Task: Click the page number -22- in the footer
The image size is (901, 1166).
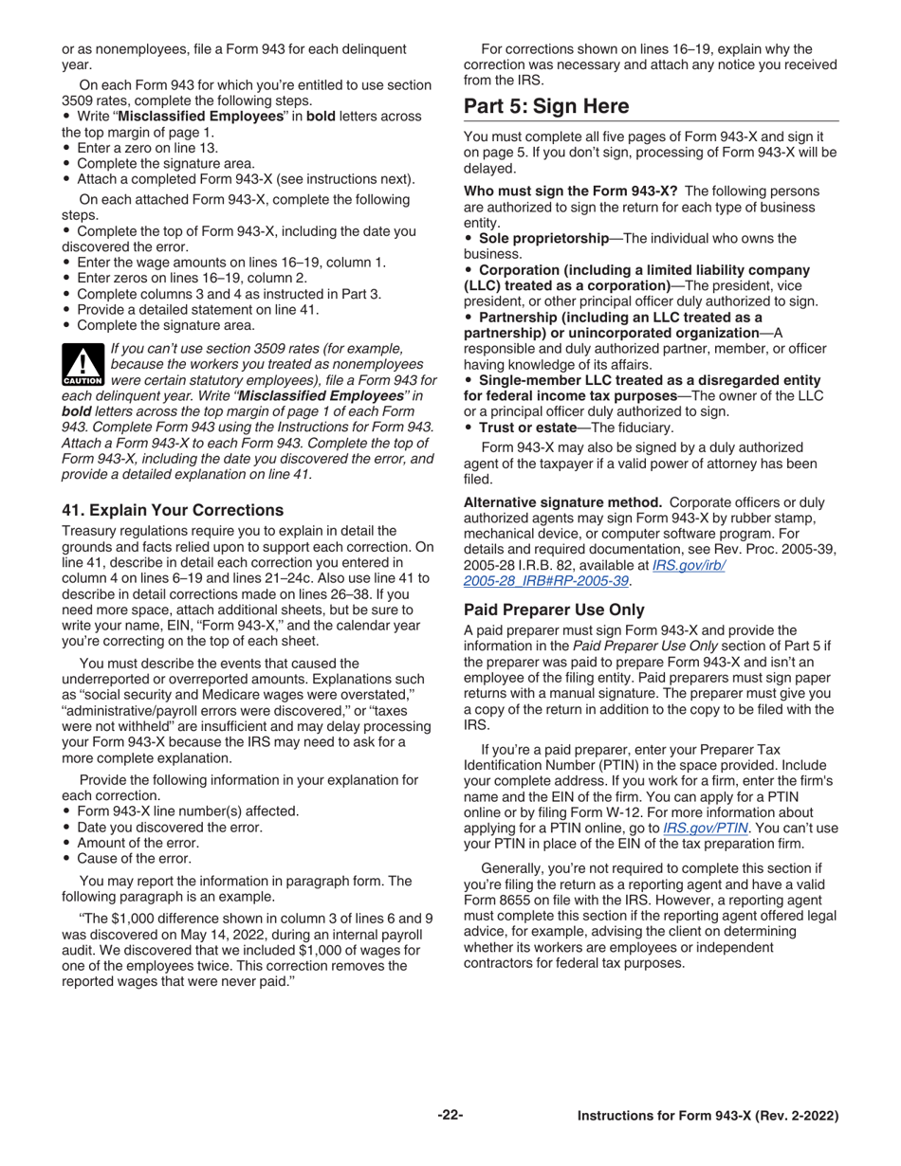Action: pos(450,1116)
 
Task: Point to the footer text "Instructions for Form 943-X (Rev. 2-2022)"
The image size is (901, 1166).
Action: pos(708,1117)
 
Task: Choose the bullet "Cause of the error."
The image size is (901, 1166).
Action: pos(134,859)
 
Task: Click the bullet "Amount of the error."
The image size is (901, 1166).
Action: pos(138,843)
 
